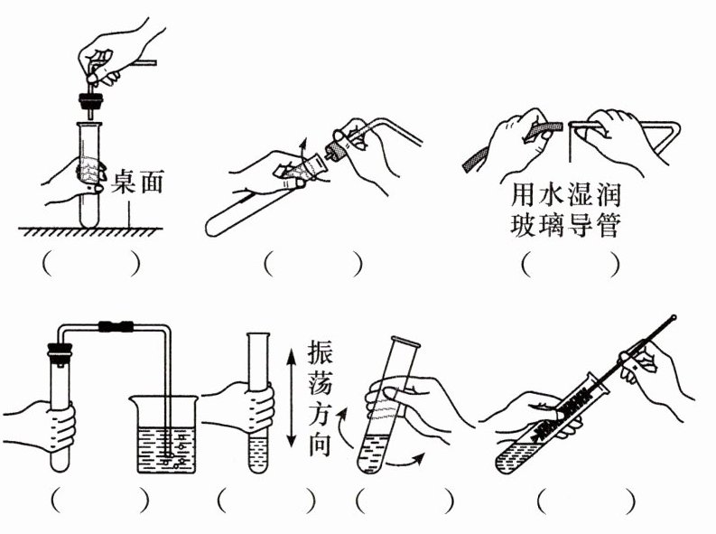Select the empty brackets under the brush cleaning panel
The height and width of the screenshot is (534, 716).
[585, 500]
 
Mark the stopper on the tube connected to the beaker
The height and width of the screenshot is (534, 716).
[56, 347]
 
